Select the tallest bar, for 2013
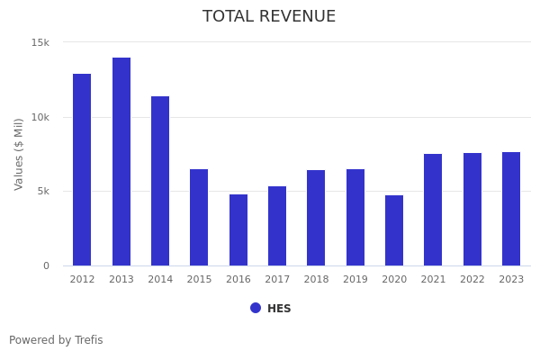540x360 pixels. pos(121,161)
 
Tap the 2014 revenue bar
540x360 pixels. pos(160,181)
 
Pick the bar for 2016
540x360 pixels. pos(238,229)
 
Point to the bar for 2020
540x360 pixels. pos(394,230)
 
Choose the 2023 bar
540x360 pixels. pos(511,209)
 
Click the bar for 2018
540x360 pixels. pos(316,218)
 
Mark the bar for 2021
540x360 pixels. pos(433,210)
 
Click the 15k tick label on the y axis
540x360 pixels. pos(40,42)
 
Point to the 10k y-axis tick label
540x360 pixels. pos(40,117)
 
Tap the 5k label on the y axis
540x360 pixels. pos(43,191)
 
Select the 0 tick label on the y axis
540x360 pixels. pos(47,265)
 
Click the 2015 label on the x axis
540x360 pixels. pos(199,280)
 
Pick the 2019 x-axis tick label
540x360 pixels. pos(355,280)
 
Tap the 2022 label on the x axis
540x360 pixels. pos(472,280)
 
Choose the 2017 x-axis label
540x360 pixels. pos(277,280)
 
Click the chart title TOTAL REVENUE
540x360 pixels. pos(269,17)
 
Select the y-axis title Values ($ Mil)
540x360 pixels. pos(19,153)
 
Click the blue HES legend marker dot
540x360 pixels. pos(256,308)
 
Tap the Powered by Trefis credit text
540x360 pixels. pos(56,340)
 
